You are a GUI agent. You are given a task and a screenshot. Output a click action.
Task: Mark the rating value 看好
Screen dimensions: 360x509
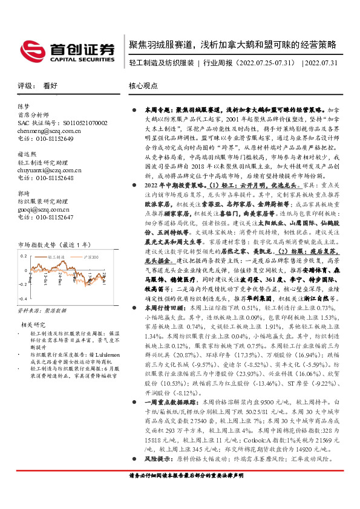pyautogui.click(x=51, y=86)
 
